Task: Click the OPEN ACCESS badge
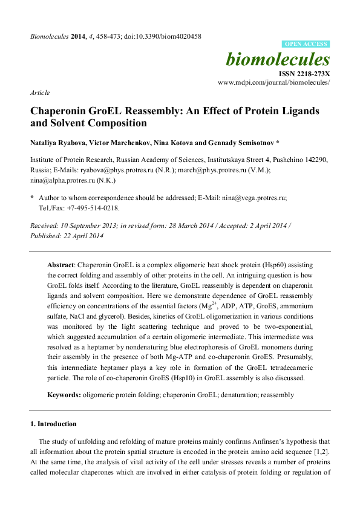pyautogui.click(x=306, y=44)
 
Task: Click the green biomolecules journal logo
pyautogui.click(x=278, y=59)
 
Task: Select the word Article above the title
pyautogui.click(x=39, y=93)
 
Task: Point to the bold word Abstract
pyautogui.click(x=62, y=265)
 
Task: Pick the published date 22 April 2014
pyautogui.click(x=82, y=235)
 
